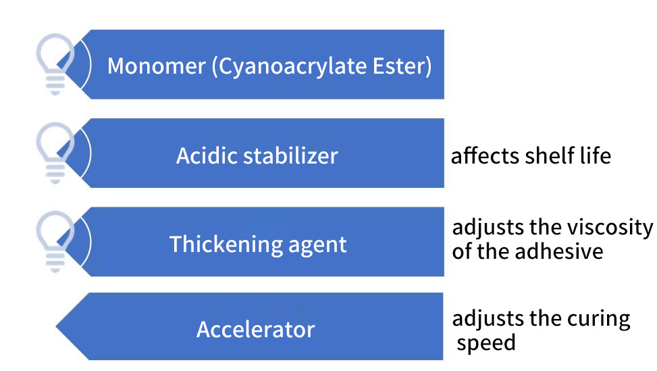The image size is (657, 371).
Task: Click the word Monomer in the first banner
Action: [156, 66]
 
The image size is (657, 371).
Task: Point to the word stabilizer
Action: [291, 156]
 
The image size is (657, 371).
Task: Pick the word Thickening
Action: [226, 245]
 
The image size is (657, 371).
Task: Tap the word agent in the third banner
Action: [317, 246]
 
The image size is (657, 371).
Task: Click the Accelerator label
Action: [256, 330]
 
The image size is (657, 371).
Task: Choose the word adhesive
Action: [559, 251]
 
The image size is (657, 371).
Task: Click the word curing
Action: [598, 320]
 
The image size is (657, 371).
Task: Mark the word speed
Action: [486, 344]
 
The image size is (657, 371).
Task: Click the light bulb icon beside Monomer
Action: [55, 64]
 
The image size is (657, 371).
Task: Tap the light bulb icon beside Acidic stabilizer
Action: [55, 153]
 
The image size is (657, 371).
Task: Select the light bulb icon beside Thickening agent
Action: [55, 241]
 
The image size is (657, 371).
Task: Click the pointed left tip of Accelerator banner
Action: [56, 326]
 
